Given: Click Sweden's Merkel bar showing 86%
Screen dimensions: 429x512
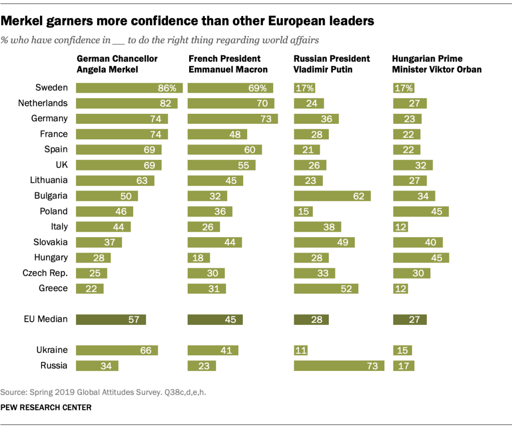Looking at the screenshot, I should (x=129, y=88).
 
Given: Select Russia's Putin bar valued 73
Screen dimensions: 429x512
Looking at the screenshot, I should (x=339, y=365).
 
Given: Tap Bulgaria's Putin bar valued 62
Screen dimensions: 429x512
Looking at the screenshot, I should (x=332, y=196).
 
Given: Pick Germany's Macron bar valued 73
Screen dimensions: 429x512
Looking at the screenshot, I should (x=233, y=119).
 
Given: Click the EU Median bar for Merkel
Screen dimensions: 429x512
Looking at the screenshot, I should (x=111, y=319).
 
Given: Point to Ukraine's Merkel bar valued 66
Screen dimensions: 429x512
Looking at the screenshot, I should (x=117, y=350).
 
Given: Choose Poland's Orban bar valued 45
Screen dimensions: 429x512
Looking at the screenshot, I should (x=421, y=211).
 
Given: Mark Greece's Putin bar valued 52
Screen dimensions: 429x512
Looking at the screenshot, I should (x=326, y=289).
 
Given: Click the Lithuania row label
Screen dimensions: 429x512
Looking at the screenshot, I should (x=49, y=180).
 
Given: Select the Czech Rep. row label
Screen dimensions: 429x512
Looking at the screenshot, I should (x=45, y=273).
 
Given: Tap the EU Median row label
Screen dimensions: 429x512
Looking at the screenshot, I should (x=46, y=319).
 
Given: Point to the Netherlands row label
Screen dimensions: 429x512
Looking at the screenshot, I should (x=43, y=103).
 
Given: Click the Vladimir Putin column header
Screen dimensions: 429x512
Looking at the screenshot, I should (x=331, y=64).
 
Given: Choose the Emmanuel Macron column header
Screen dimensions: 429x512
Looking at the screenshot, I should (x=228, y=64).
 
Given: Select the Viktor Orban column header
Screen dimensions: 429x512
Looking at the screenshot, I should (x=437, y=64).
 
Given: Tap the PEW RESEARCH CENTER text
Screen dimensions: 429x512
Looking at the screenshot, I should (x=46, y=407).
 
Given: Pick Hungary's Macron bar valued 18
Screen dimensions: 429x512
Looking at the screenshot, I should (x=199, y=258).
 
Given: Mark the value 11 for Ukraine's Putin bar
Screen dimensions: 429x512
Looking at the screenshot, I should (x=301, y=350).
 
